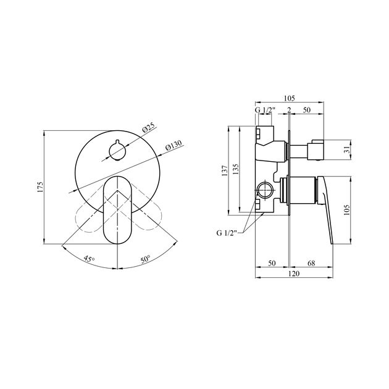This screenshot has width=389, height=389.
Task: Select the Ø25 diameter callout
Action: pos(148,128)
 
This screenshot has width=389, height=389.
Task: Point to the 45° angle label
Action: pos(90,260)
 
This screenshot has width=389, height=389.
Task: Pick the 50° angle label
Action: pos(146,260)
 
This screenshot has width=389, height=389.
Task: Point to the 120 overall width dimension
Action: pos(290,274)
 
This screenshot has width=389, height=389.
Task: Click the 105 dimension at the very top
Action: pos(289,98)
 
